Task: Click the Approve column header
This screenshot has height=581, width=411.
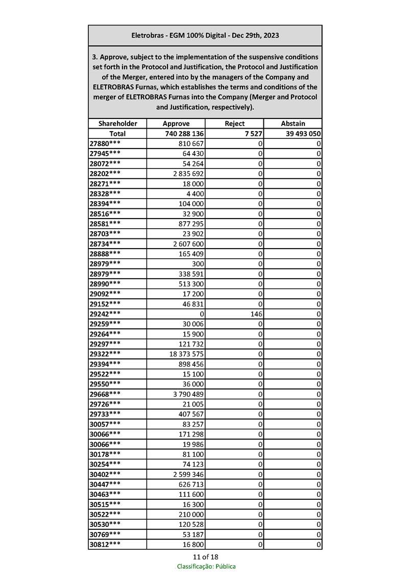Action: coord(176,124)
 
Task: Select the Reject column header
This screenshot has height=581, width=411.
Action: coord(234,124)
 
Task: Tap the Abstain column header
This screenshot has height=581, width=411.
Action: coord(293,124)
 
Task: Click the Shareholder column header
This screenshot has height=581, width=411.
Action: coord(117,124)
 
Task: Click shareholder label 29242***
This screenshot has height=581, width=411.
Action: coord(105,313)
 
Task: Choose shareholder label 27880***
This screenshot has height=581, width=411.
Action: coord(105,144)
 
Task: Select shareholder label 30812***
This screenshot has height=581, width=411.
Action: coord(105,544)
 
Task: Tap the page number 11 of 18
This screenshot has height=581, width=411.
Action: coord(205,556)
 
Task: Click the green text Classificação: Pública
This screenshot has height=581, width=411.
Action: coord(206,566)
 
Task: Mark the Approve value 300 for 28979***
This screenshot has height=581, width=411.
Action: coord(198,263)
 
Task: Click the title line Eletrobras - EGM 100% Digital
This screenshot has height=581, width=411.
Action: coord(205,36)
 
